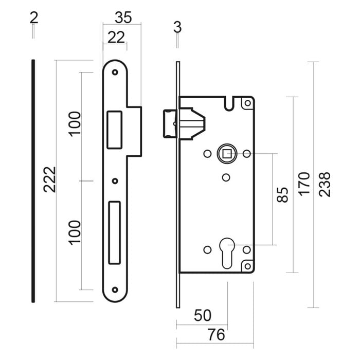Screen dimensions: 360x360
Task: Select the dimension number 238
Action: coord(325,184)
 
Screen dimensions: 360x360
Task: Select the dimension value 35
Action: coord(122,17)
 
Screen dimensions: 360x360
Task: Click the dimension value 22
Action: coord(116,37)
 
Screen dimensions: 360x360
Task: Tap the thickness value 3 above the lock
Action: coord(177,27)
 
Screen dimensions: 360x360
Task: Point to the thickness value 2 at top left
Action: coord(34,17)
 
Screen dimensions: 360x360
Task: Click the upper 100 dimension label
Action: coord(75,123)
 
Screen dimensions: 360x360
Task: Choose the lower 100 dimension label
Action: coord(75,232)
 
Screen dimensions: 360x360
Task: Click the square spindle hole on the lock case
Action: coord(227,153)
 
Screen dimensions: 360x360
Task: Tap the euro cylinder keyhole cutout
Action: coord(227,251)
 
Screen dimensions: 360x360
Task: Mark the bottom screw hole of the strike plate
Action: coord(115,290)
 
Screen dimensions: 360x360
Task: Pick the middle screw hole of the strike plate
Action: coord(115,181)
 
